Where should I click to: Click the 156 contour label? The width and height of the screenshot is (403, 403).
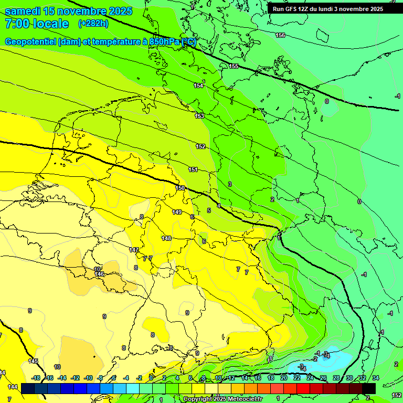click(x=280, y=35)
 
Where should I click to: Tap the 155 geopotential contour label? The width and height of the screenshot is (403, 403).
click(x=234, y=66)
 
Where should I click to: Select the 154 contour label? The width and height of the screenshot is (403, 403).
click(x=198, y=86)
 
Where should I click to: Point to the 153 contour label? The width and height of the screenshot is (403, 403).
click(x=199, y=116)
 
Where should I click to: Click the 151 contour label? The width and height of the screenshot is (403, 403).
click(x=193, y=169)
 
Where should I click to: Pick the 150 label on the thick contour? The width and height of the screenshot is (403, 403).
click(x=180, y=188)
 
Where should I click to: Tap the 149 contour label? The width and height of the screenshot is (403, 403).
click(x=177, y=212)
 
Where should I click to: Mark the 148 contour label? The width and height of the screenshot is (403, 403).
click(x=166, y=238)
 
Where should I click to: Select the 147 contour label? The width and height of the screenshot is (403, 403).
click(x=134, y=250)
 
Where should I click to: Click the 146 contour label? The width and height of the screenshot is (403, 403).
click(x=99, y=274)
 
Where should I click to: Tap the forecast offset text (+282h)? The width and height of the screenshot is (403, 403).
click(x=93, y=24)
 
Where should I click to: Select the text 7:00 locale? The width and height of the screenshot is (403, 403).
click(x=36, y=24)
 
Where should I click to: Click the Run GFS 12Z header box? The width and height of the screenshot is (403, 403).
click(x=327, y=8)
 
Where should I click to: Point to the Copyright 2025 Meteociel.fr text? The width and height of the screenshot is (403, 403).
click(x=222, y=399)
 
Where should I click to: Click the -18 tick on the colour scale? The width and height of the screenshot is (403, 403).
click(x=36, y=378)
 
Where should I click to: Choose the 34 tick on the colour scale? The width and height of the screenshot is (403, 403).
click(x=375, y=378)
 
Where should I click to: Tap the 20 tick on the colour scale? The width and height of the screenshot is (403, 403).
click(x=284, y=378)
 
